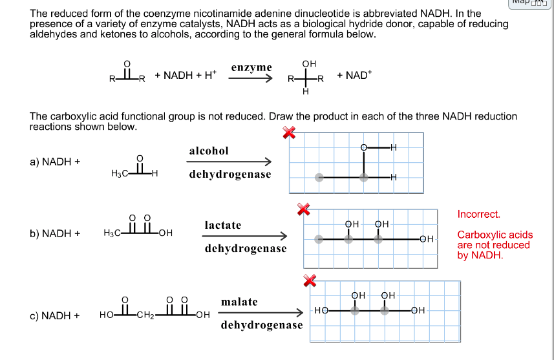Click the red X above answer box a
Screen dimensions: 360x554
tap(289, 132)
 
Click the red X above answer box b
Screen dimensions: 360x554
tap(303, 208)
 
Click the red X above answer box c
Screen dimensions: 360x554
tap(311, 279)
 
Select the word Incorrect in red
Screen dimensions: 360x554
tap(479, 215)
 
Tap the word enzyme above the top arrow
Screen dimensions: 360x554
tap(251, 67)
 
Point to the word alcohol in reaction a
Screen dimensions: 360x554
tap(209, 151)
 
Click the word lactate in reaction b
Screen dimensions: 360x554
tap(223, 225)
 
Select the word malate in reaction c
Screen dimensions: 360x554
tap(239, 302)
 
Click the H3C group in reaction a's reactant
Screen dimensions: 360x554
tap(120, 174)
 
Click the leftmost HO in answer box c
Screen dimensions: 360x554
tap(321, 310)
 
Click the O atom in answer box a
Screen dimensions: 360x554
tap(365, 148)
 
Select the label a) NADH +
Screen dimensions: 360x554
tap(55, 162)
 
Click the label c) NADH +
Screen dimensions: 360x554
tap(55, 315)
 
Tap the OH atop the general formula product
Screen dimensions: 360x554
tap(309, 64)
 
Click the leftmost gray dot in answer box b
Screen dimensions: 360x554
tap(318, 239)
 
